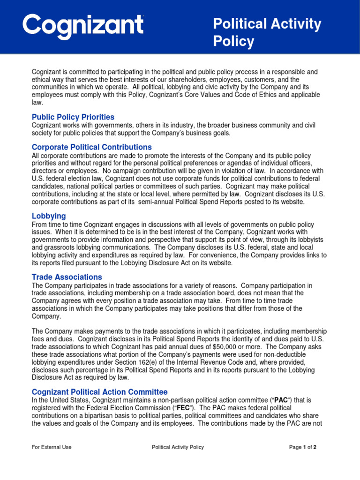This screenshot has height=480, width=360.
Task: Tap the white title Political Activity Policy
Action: [x=267, y=33]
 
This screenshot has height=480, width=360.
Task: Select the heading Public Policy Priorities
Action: [x=73, y=117]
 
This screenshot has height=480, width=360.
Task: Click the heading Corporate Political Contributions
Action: [x=91, y=147]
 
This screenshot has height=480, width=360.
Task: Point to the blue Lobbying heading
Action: [x=49, y=216]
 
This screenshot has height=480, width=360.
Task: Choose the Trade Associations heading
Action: [x=67, y=277]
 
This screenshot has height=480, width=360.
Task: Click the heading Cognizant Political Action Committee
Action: [x=99, y=392]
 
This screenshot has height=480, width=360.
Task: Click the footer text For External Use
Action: [x=52, y=447]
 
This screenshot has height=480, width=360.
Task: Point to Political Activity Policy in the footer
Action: [x=178, y=447]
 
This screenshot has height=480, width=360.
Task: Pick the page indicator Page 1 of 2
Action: [x=303, y=447]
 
